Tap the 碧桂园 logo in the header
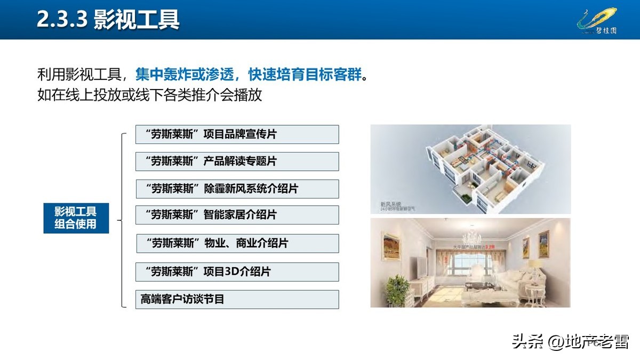click(597, 21)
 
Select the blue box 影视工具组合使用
click(76, 218)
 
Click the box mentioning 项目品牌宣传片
click(237, 134)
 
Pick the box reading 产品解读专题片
click(237, 162)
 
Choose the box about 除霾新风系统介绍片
click(237, 189)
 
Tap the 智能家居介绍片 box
click(237, 215)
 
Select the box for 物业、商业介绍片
click(237, 243)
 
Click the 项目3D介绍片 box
click(237, 271)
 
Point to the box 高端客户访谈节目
click(237, 299)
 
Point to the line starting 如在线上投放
click(149, 95)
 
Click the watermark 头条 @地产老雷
click(570, 341)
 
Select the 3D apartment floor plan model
click(480, 165)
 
